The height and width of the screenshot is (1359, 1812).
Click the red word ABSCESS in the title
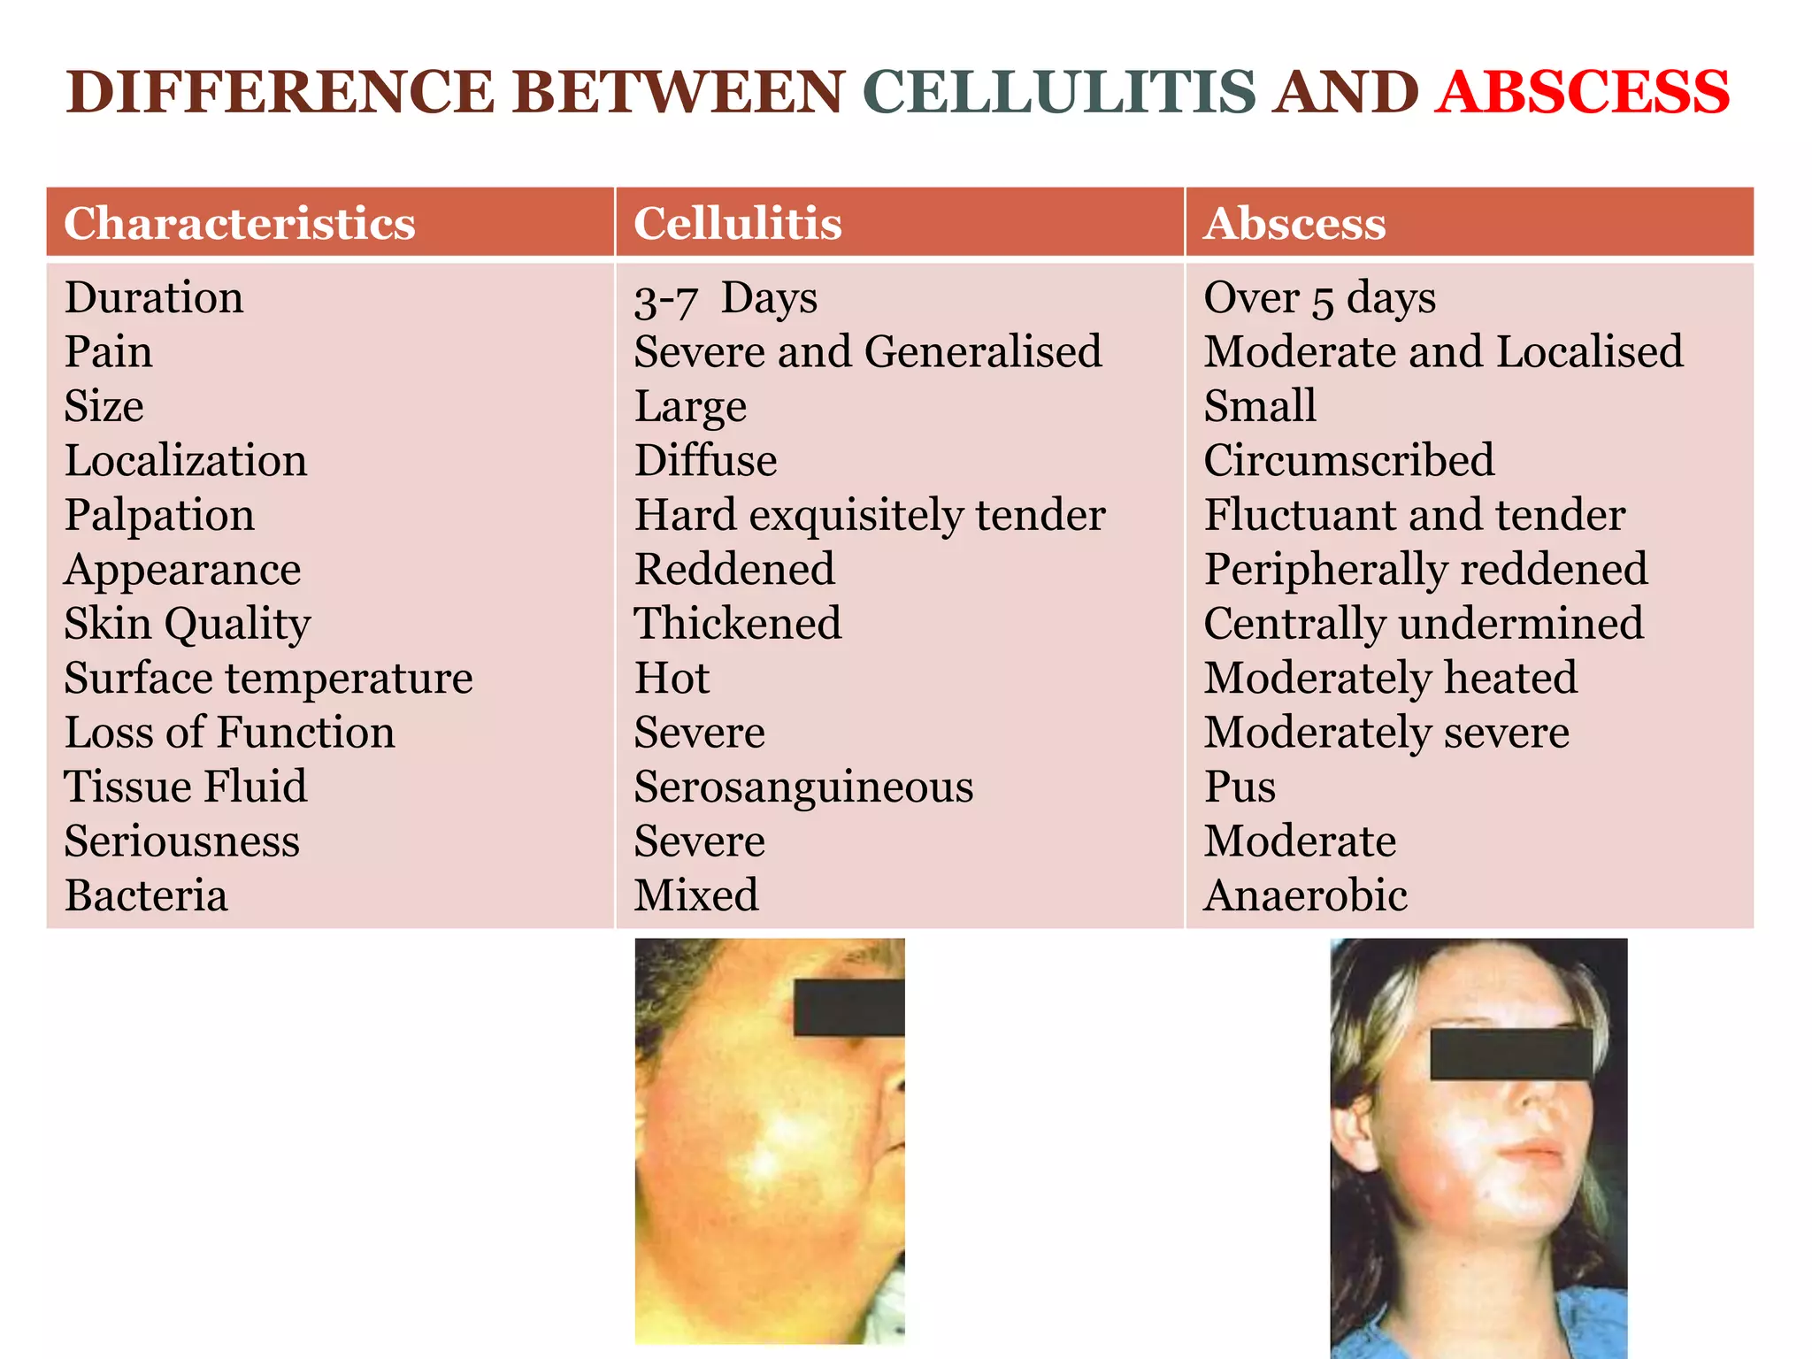pos(1582,92)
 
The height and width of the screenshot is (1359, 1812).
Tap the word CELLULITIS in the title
pos(1058,92)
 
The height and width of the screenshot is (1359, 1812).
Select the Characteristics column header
pos(240,223)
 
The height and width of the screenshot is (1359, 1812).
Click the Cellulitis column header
pos(738,223)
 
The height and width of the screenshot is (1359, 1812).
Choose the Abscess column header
pos(1294,223)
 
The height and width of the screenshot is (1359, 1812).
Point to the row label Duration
pos(154,297)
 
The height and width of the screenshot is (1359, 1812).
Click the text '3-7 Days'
pos(726,299)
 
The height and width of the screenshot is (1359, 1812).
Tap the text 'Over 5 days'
pos(1319,298)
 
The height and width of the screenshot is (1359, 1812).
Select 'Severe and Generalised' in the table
pos(868,352)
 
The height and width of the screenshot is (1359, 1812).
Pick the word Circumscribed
pos(1348,461)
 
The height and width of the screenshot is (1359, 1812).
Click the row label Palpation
pos(159,516)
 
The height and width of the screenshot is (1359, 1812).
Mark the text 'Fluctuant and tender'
pos(1414,515)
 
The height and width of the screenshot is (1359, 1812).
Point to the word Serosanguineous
pos(803,787)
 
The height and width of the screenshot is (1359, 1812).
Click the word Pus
pos(1240,787)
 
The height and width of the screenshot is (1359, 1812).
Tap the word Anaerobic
pos(1305,895)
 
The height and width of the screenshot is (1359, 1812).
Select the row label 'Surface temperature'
pos(268,679)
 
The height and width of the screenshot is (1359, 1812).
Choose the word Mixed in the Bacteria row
pos(696,895)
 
